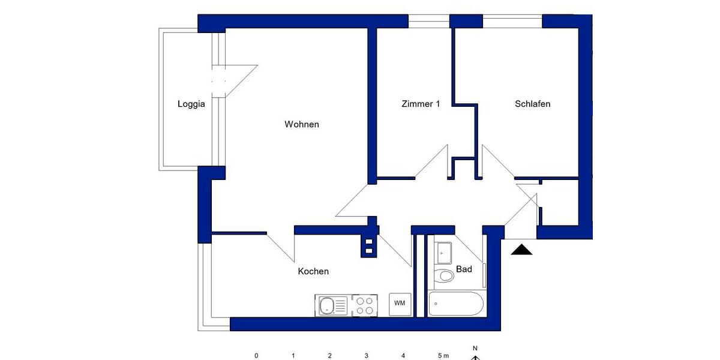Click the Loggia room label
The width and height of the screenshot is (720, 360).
click(191, 104)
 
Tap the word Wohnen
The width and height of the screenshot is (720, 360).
click(302, 125)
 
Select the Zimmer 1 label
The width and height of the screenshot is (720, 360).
click(421, 104)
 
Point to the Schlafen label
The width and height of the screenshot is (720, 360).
click(533, 104)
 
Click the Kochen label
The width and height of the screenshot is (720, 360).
click(313, 271)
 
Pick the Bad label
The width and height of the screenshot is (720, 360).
click(464, 269)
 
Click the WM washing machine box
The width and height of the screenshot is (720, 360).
click(400, 304)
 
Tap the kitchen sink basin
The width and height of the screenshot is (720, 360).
click(326, 307)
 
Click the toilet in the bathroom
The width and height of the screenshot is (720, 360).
click(445, 276)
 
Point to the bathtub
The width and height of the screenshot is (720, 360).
click(457, 304)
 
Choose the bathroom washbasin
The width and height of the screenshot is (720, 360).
click(444, 253)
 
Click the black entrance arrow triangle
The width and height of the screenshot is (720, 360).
click(521, 250)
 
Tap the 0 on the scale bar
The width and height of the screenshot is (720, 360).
click(256, 356)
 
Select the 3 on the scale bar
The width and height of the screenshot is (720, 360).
click(366, 356)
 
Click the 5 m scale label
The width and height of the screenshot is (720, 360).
click(443, 356)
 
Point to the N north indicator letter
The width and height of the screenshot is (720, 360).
click(475, 348)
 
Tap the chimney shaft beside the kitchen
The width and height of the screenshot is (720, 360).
click(369, 245)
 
